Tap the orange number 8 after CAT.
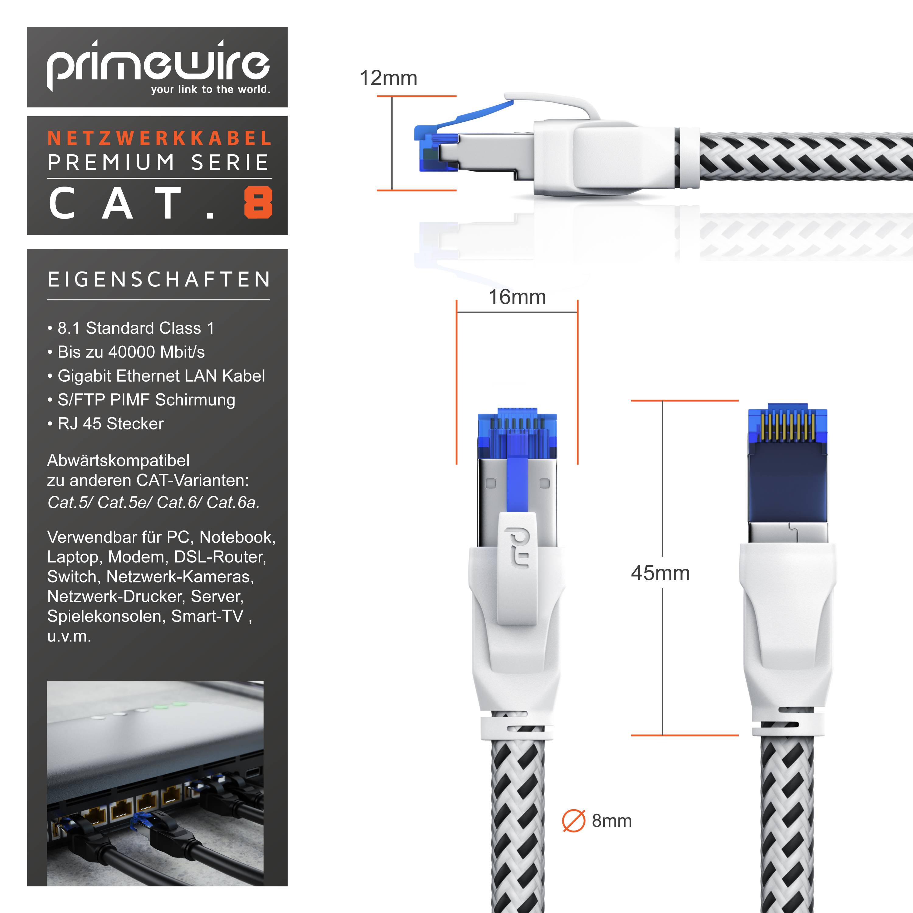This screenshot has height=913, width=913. (x=258, y=203)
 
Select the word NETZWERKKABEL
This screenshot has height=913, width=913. (x=160, y=138)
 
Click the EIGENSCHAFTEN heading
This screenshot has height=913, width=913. (x=159, y=279)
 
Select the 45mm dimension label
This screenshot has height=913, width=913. (x=660, y=573)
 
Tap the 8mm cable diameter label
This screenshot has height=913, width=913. (x=611, y=821)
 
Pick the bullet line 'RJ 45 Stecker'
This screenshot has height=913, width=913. (x=110, y=423)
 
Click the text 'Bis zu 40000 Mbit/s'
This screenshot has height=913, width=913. (x=131, y=352)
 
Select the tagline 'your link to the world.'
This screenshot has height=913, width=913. (x=210, y=89)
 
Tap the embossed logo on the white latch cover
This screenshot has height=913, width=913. (x=516, y=547)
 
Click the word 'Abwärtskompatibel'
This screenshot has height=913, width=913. (x=118, y=460)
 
